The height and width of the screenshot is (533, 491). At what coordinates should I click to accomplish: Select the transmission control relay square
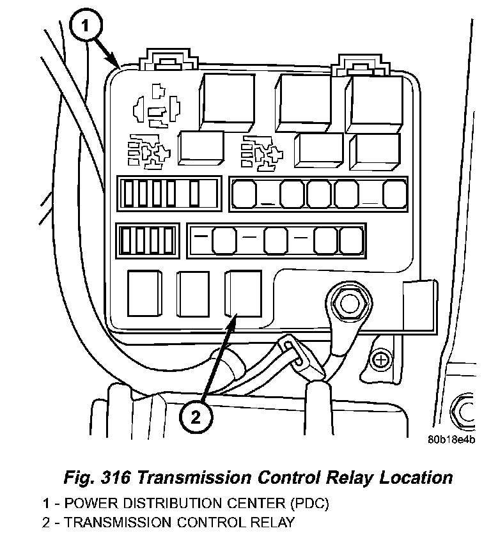click(242, 293)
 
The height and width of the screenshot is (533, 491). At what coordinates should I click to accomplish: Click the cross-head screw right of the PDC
click(382, 360)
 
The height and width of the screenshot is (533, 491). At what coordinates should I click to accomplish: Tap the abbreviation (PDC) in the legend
click(306, 504)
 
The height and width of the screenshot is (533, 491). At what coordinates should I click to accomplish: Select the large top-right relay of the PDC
click(376, 102)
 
